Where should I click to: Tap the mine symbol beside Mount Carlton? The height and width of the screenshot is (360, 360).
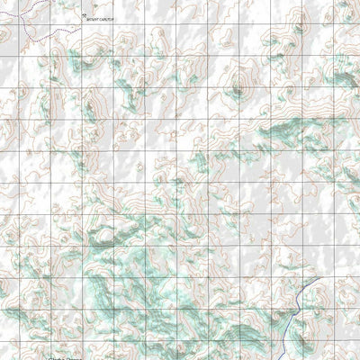coord(82,15)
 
